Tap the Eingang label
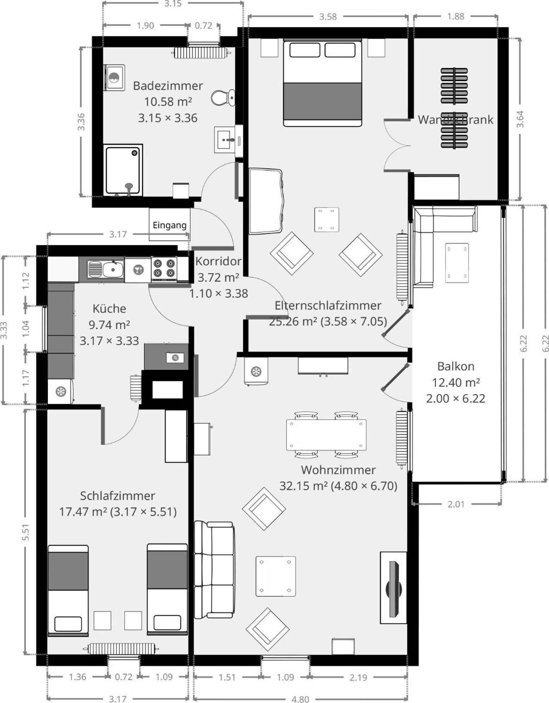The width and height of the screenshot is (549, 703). click(x=169, y=225)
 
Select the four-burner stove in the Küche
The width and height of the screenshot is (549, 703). click(x=164, y=268)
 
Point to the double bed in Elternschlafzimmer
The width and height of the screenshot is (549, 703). click(x=322, y=83)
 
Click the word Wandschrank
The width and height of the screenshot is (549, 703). click(x=455, y=120)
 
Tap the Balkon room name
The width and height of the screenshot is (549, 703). click(x=455, y=366)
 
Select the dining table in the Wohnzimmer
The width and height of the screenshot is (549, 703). click(x=326, y=435)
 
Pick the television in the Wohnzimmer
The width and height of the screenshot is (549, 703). click(x=394, y=588)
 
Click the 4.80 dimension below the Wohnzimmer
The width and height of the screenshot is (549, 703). click(x=300, y=698)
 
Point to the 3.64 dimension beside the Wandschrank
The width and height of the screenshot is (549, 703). click(x=520, y=120)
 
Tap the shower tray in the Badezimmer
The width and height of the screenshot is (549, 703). click(x=123, y=170)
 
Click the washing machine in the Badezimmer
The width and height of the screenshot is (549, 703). click(x=114, y=78)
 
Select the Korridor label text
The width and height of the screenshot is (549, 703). click(x=218, y=261)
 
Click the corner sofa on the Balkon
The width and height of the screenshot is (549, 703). click(x=445, y=247)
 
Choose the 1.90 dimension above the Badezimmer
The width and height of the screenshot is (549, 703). click(x=145, y=25)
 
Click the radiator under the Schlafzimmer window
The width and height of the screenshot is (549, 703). click(x=121, y=649)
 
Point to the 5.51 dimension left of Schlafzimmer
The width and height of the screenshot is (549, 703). click(x=26, y=532)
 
